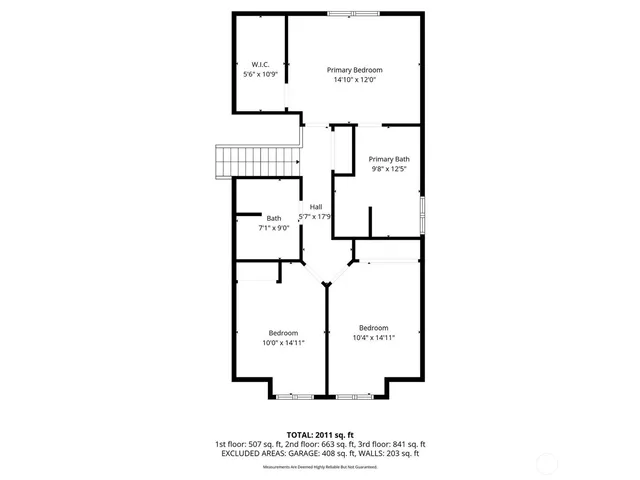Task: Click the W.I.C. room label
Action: [260, 64]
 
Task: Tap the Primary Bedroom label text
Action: [355, 70]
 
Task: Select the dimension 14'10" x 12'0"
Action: [355, 81]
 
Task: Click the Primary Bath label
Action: [389, 159]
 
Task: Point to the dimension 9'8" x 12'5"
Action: [389, 169]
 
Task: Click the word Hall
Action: [316, 207]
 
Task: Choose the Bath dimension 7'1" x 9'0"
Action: [273, 228]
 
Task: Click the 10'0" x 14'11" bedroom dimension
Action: [283, 343]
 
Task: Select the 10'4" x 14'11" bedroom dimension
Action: [374, 338]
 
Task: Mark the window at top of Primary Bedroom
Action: [352, 13]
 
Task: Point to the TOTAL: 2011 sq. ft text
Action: [320, 434]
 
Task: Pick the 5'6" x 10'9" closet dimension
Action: [260, 75]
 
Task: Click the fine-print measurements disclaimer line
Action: [320, 467]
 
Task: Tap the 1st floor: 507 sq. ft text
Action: [248, 444]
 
